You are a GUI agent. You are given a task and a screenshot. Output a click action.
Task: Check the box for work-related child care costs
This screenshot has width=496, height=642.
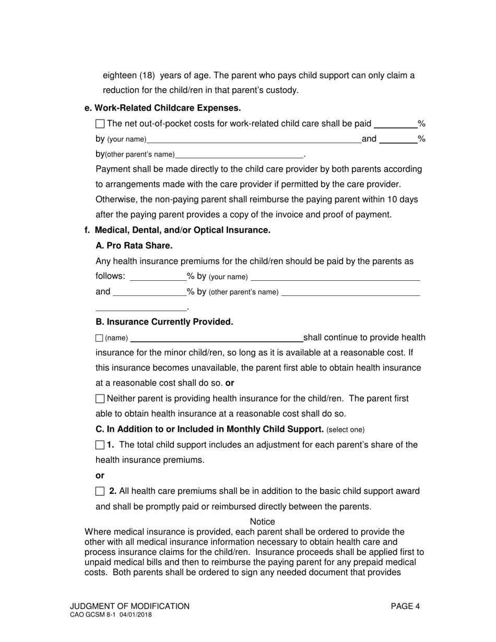pyautogui.click(x=100, y=124)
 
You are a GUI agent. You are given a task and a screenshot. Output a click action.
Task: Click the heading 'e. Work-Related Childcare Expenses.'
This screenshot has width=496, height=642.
pyautogui.click(x=162, y=108)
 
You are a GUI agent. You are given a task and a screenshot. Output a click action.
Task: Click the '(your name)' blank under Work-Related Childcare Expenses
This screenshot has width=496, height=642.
pyautogui.click(x=254, y=139)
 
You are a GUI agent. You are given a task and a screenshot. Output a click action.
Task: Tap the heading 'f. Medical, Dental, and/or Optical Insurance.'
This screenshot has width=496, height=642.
pyautogui.click(x=178, y=230)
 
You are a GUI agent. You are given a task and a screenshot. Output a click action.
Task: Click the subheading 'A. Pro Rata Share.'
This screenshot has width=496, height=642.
pyautogui.click(x=134, y=245)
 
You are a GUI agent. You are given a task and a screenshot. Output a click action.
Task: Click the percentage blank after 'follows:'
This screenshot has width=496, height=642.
pyautogui.click(x=158, y=277)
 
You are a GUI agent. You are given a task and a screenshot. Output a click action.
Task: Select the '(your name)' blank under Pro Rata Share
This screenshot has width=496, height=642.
pyautogui.click(x=335, y=277)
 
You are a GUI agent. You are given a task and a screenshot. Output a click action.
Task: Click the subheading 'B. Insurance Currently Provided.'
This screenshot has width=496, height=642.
pyautogui.click(x=164, y=322)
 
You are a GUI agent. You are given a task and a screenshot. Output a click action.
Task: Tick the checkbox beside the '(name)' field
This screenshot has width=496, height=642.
pyautogui.click(x=100, y=338)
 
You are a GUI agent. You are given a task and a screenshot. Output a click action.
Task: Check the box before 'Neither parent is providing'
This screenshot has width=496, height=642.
pyautogui.click(x=100, y=399)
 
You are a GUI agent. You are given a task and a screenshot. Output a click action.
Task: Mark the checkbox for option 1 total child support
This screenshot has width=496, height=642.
pyautogui.click(x=100, y=445)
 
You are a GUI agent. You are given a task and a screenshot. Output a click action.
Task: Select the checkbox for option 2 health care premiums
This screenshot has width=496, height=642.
pyautogui.click(x=100, y=491)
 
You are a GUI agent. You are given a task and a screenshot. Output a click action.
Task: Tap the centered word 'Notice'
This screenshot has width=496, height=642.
pyautogui.click(x=262, y=521)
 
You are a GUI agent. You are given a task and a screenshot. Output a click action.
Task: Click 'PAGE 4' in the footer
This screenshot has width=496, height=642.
pyautogui.click(x=405, y=606)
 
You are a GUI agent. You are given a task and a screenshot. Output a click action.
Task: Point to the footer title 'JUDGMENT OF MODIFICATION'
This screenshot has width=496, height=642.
pyautogui.click(x=129, y=606)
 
